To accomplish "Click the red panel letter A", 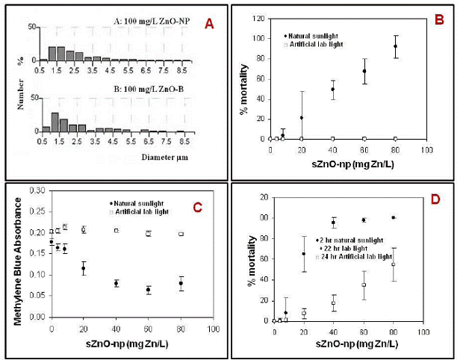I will point(210,25).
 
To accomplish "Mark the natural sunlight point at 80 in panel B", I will point(395,46).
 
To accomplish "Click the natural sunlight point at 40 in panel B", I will point(332,89).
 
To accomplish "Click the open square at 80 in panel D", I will point(394,264).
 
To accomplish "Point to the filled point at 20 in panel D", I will point(302,254).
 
